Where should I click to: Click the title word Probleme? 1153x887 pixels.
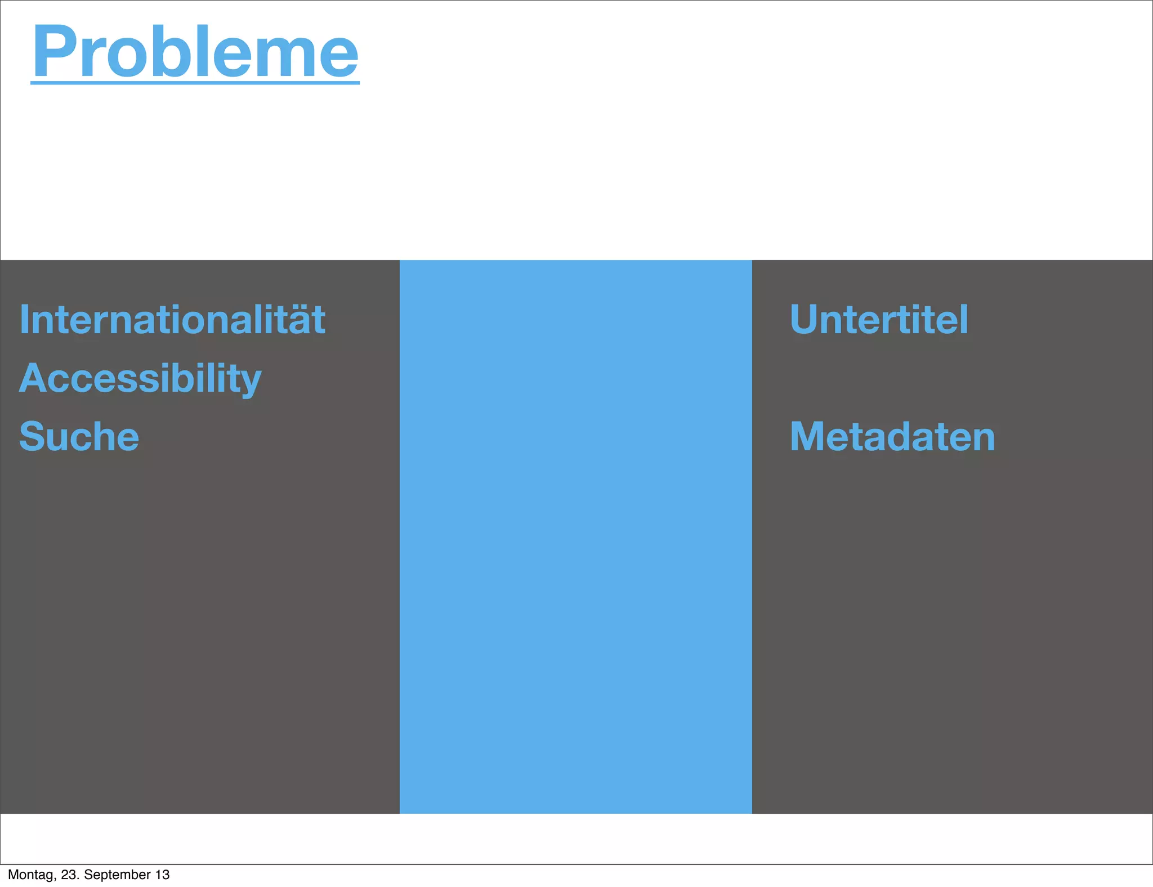(x=195, y=52)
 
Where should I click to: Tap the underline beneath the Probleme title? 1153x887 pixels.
(x=195, y=83)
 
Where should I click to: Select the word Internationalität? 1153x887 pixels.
(x=172, y=320)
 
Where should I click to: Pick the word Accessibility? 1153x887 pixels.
(x=140, y=378)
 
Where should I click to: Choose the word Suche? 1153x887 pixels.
(x=79, y=437)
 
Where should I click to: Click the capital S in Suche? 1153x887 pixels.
(x=32, y=437)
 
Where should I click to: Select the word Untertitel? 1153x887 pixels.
(x=879, y=320)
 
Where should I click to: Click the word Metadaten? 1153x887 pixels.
(x=892, y=437)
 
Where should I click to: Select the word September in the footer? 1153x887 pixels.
(x=117, y=875)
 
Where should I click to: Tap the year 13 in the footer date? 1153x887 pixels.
(x=162, y=875)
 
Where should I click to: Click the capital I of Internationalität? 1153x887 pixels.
(x=24, y=320)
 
